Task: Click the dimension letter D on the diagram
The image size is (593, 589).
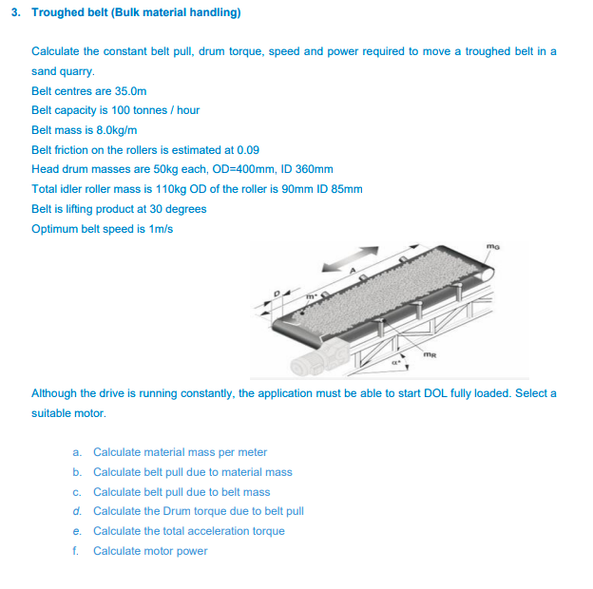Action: click(x=277, y=294)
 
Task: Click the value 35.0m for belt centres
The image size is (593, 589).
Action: click(x=130, y=90)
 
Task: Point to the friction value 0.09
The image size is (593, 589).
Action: click(x=248, y=150)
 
